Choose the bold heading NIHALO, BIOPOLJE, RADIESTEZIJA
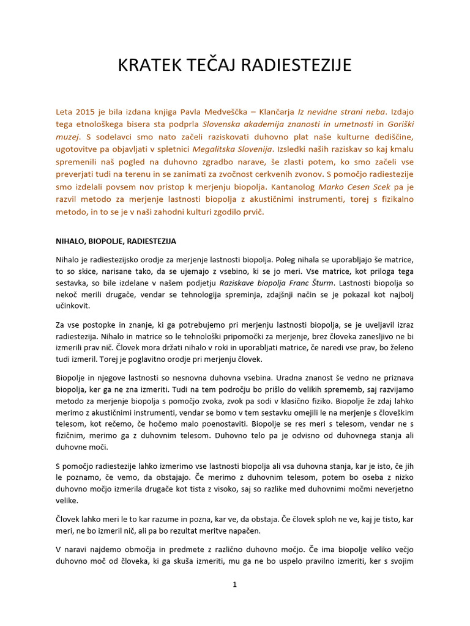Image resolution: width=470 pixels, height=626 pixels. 116,241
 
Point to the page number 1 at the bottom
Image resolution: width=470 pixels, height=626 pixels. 234,584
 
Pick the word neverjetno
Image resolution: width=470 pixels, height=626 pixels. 389,490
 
